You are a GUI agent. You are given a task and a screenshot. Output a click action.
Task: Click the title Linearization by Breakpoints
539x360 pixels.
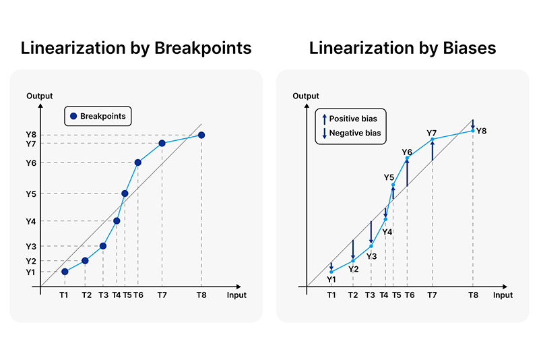pos(136,49)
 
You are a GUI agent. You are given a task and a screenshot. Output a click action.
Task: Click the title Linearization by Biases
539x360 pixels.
pos(402,49)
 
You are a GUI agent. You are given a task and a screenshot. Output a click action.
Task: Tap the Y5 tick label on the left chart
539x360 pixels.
pos(30,193)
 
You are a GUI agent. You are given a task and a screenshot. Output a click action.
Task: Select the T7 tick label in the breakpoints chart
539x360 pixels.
pos(162,295)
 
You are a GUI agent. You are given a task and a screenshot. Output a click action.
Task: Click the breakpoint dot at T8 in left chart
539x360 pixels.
pos(201,136)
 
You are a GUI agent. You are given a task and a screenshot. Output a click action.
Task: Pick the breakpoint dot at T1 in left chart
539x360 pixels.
pos(65,272)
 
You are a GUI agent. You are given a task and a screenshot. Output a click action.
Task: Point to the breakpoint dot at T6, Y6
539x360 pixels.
pos(137,162)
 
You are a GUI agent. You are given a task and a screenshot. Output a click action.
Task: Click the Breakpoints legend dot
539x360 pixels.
pos(73,117)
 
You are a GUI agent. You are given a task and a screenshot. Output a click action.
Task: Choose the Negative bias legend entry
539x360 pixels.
pos(351,133)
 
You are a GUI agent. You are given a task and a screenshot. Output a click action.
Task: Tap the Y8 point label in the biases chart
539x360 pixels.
pos(481,130)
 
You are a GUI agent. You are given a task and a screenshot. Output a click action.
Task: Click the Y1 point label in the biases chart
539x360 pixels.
pos(331,279)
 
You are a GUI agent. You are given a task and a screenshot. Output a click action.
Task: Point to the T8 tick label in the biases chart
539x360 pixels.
pos(473,295)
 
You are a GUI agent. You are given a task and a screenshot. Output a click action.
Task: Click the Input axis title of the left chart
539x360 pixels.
pos(236,295)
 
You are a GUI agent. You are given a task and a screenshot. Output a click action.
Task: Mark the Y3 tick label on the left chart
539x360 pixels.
pos(30,246)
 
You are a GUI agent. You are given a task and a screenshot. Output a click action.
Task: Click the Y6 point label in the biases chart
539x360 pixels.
pos(407,152)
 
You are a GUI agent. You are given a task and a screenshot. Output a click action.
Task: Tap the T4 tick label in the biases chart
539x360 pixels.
pos(384,295)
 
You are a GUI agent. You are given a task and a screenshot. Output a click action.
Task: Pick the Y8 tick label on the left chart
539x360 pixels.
pos(30,135)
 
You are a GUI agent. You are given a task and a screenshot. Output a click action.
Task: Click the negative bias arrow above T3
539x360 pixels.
pos(371,233)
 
